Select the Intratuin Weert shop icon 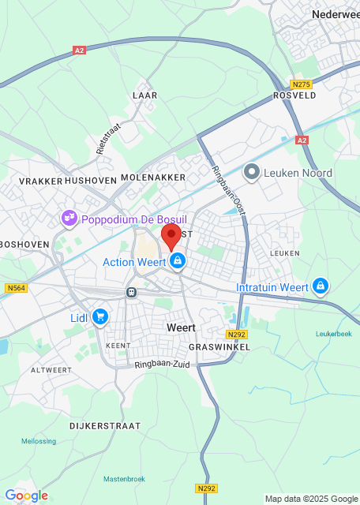pos(321,286)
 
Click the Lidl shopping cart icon pos(99,317)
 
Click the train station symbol pos(131,292)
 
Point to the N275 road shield pos(300,84)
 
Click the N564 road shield pos(15,288)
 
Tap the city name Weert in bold pos(181,327)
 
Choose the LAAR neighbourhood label pos(145,95)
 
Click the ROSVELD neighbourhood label pos(294,95)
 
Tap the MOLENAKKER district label pos(153,178)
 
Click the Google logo pos(26,496)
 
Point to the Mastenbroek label pos(125,479)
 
